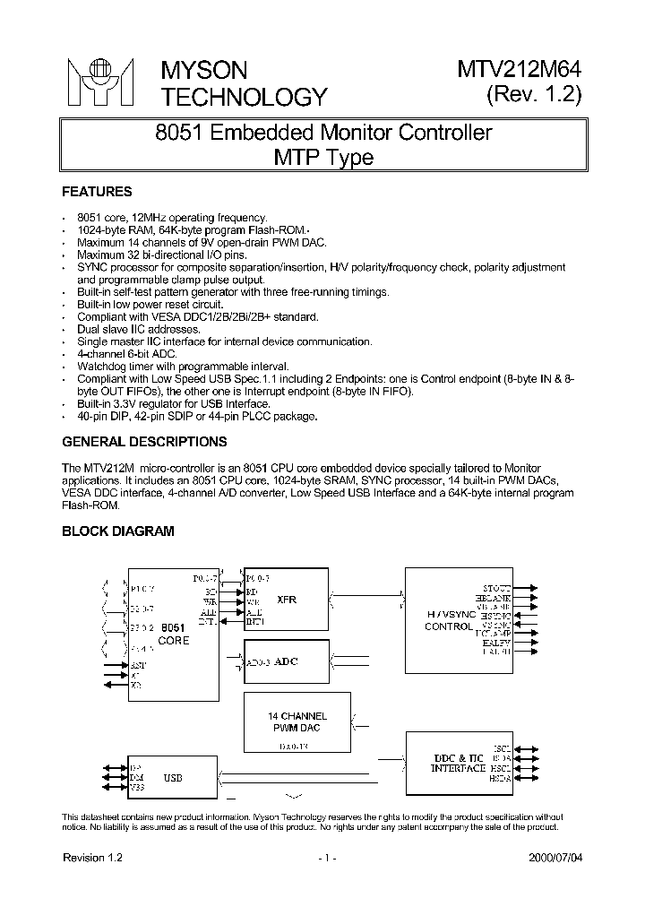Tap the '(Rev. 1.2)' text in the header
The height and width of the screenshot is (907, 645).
point(534,96)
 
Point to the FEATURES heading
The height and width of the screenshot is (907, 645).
point(97,192)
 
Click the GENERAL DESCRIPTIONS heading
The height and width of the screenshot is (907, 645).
point(143,442)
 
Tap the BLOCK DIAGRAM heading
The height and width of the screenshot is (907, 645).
point(117,531)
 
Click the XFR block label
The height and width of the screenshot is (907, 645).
point(286,600)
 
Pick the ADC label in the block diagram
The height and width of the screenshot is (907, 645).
point(286,661)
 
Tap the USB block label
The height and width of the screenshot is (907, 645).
point(172,778)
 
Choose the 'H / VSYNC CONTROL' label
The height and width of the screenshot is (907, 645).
point(448,620)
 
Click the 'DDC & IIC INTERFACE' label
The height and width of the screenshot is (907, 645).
point(458,764)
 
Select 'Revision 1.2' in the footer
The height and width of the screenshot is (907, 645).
point(92,858)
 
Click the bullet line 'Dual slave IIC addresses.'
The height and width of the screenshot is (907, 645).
point(139,329)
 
